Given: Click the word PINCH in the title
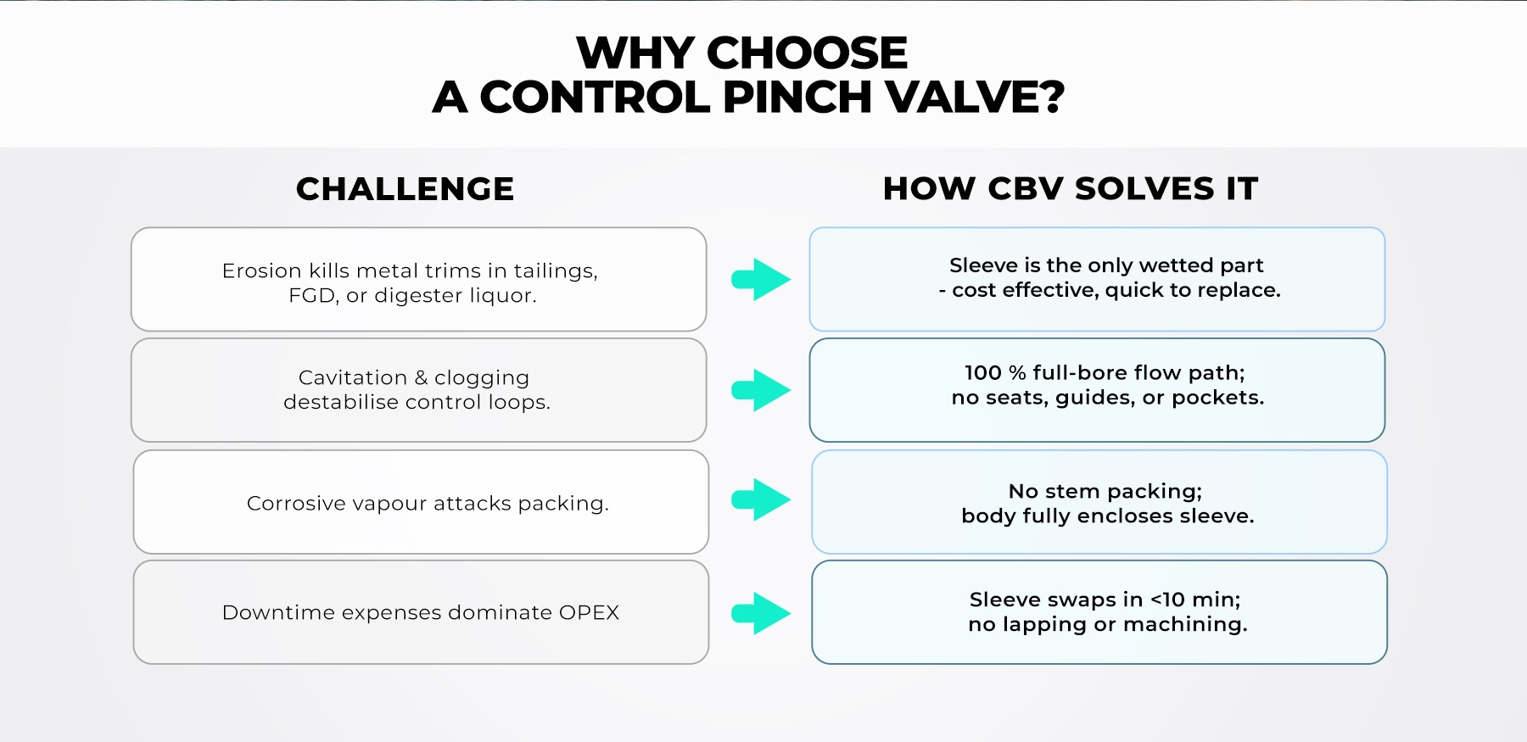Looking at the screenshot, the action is pos(797,97).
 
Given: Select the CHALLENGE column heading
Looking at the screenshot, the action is pos(406,189).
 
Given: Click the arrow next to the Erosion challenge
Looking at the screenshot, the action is pos(761,279).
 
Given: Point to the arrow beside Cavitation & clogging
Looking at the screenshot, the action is pos(761,390).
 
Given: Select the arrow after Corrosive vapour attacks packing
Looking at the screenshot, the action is pos(761,499).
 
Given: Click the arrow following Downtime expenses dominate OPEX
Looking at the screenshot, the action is pos(761,613).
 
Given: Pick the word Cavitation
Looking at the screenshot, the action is pos(353,377).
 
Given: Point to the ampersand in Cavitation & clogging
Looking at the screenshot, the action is pos(422,377).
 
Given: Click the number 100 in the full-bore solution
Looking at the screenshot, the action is pos(983,373).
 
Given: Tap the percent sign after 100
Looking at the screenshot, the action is pos(1017,373).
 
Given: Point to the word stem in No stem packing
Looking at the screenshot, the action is pos(1073,492).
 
